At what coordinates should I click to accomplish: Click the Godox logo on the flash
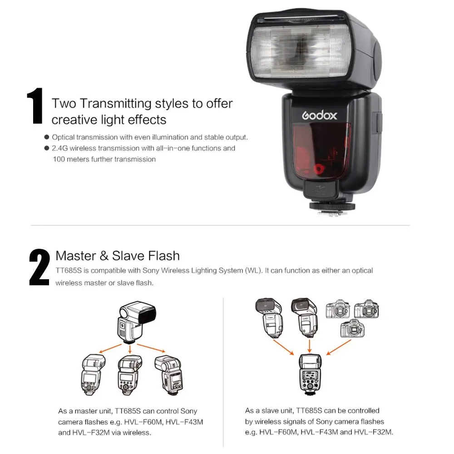pos(319,115)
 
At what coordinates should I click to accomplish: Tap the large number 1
pos(35,106)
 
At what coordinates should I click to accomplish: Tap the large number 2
pos(39,267)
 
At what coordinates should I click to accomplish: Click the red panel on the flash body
pos(321,151)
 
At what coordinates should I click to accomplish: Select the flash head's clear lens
pos(300,52)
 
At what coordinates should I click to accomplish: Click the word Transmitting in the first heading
pos(115,104)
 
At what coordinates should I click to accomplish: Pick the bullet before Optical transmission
pos(47,137)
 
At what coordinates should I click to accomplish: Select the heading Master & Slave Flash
pos(118,256)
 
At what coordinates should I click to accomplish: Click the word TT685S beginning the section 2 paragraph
pos(69,271)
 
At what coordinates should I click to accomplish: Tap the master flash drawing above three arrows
pos(137,322)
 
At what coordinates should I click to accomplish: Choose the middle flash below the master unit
pos(130,375)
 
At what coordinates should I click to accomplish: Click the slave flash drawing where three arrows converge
pos(310,375)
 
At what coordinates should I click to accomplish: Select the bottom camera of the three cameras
pos(352,328)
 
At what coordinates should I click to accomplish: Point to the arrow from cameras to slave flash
pos(339,347)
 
